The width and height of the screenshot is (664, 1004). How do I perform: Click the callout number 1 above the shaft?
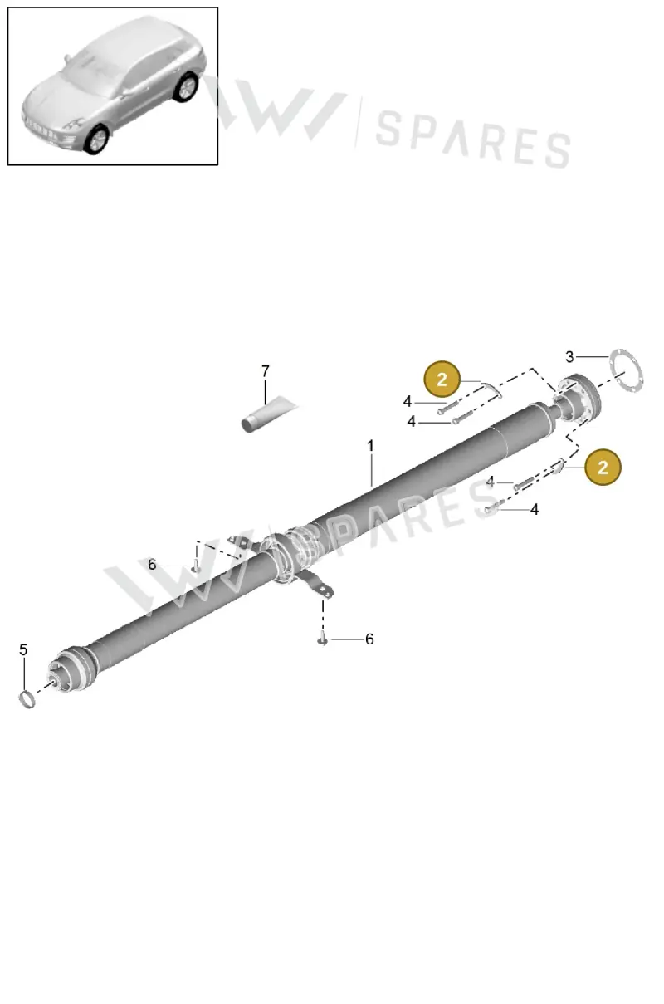(370, 446)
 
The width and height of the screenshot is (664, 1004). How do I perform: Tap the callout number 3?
(569, 357)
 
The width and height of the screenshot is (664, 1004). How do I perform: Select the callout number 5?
(23, 649)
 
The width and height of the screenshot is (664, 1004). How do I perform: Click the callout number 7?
(266, 371)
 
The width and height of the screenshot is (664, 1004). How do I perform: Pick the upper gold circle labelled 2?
(442, 380)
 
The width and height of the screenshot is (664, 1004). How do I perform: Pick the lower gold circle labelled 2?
(603, 467)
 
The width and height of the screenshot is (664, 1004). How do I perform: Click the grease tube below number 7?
(269, 414)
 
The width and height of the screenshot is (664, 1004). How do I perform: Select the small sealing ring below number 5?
(27, 700)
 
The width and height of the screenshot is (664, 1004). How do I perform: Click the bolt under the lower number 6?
(322, 640)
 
